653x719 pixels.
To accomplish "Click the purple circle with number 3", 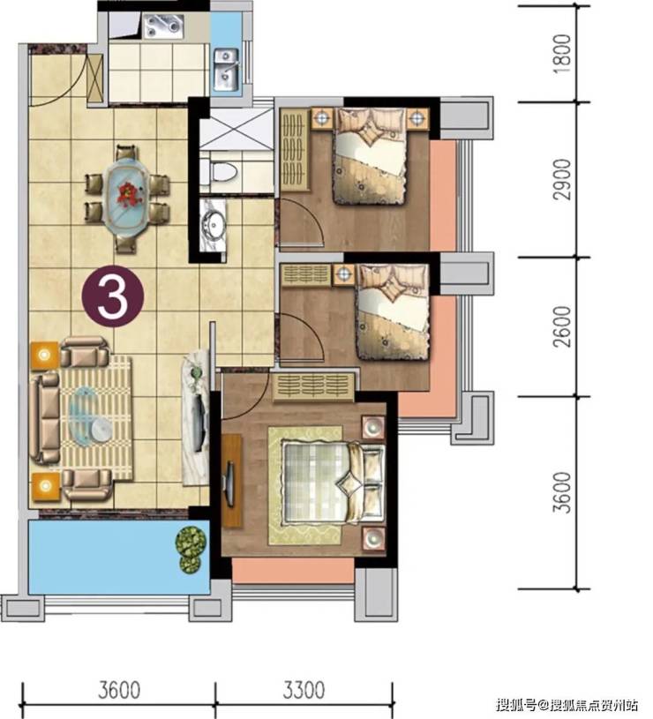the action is tap(112, 296).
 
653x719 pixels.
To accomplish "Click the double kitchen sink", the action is tap(226, 69).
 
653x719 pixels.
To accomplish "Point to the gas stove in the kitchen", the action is tap(163, 26).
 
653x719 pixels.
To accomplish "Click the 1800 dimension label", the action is tap(562, 53).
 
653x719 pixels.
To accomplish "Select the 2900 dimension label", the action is tap(562, 179).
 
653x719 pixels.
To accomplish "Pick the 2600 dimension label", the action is tap(562, 326).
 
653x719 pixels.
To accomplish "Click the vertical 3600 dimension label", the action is tap(562, 492).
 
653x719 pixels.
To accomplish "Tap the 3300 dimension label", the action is tap(303, 690).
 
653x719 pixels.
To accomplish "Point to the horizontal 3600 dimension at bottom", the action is tap(119, 690).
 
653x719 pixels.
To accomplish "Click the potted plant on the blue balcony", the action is tap(190, 549).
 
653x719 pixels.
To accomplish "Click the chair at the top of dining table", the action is tap(126, 154).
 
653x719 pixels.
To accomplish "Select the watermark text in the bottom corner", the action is tap(567, 703).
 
